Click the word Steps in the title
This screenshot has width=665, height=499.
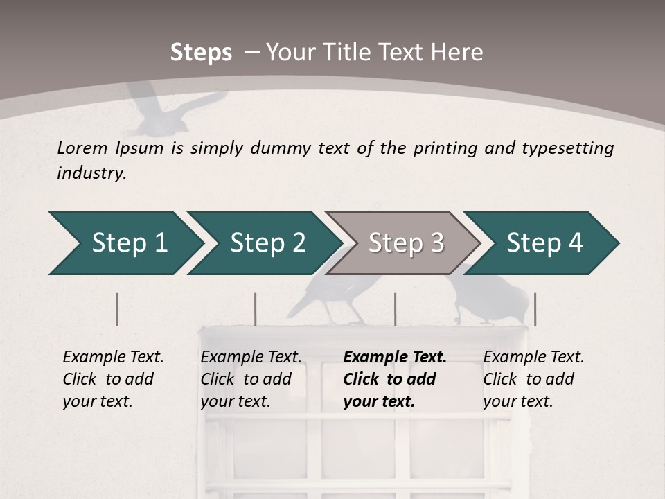click(x=201, y=53)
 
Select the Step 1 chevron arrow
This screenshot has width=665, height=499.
click(x=125, y=243)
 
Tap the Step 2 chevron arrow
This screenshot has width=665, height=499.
click(x=263, y=243)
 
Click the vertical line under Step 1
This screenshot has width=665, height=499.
click(x=116, y=309)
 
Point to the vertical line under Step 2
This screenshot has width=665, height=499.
click(x=256, y=309)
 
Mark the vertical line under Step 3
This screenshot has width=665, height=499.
click(x=395, y=309)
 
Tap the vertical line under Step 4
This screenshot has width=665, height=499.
click(x=535, y=309)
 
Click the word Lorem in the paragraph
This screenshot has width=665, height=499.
click(x=82, y=148)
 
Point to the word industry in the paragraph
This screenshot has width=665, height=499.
click(x=91, y=173)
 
